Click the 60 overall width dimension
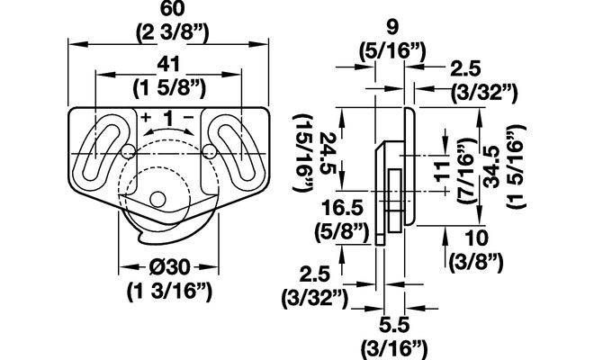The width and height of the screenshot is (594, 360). (x=173, y=9)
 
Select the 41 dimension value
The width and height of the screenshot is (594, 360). (x=168, y=65)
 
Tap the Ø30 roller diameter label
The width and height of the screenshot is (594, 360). (x=169, y=268)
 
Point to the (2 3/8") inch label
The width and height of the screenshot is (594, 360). (x=173, y=33)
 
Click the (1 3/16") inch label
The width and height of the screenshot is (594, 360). (x=169, y=292)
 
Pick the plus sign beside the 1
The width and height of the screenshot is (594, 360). (x=146, y=117)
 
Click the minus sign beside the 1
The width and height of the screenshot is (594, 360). (x=188, y=117)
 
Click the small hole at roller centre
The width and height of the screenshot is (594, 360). (x=157, y=199)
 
